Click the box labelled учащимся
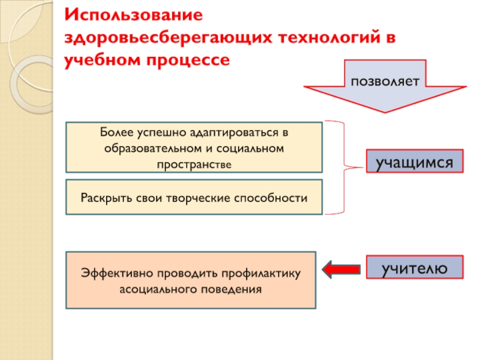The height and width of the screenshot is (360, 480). click(x=415, y=162)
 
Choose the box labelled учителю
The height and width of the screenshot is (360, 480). click(x=415, y=268)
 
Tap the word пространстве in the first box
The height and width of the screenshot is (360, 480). click(x=194, y=163)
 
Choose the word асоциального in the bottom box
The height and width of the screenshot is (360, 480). click(x=157, y=289)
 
